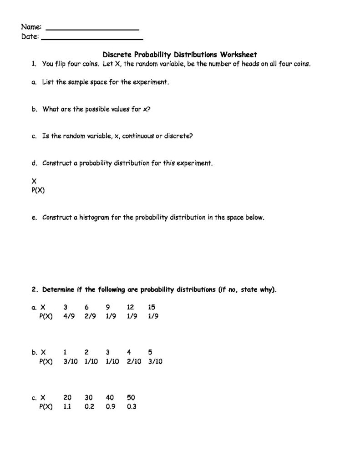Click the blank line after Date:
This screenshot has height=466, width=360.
[x=92, y=38]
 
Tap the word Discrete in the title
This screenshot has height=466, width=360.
[x=117, y=55]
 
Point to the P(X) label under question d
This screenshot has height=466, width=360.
[x=38, y=191]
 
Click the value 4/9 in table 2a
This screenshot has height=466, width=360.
[x=69, y=316]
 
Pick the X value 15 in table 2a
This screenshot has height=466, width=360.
[x=152, y=308]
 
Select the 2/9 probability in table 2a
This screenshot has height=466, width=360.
[x=90, y=316]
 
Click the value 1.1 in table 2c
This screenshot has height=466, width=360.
[x=67, y=406]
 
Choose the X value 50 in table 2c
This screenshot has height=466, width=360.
[x=131, y=398]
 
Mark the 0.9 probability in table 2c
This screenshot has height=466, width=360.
[x=110, y=406]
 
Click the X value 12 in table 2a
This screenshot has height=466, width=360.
[x=131, y=308]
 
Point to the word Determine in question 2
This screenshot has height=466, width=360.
[x=62, y=290]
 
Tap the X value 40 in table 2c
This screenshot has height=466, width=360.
[x=110, y=398]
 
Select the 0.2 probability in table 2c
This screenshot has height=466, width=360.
[x=89, y=406]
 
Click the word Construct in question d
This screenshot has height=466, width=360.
[x=57, y=163]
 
